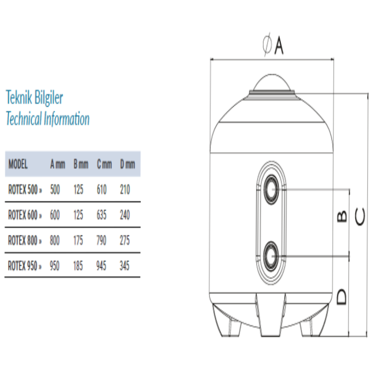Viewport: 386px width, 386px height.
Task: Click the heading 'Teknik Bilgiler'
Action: (34, 97)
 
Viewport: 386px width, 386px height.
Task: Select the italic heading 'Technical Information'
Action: (48, 118)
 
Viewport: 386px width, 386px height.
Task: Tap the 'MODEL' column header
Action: (18, 164)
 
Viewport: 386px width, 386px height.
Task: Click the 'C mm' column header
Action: (104, 164)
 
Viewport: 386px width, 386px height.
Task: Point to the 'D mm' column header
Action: (127, 164)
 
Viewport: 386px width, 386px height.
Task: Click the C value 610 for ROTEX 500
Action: (102, 190)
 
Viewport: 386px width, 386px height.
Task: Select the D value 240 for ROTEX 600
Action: (125, 215)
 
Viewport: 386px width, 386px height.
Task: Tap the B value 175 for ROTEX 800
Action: (78, 240)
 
